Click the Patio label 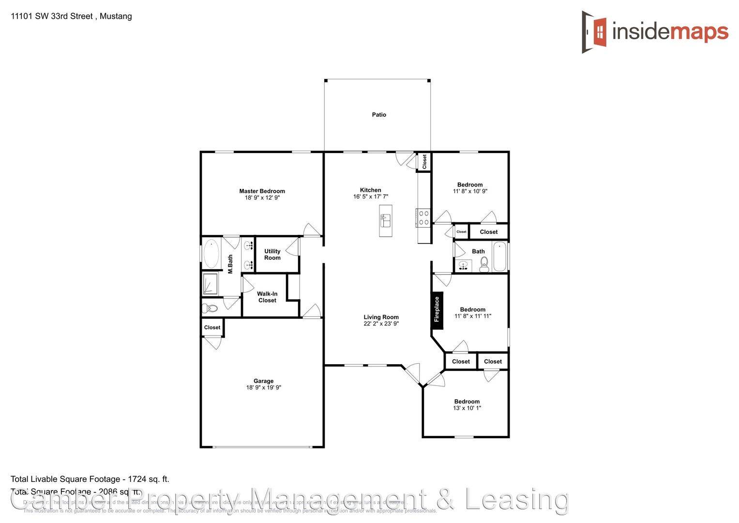[379, 115]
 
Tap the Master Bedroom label [262, 191]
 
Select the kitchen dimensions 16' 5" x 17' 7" [370, 197]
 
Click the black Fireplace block [437, 309]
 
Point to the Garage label [263, 381]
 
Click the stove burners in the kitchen [423, 217]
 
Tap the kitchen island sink [385, 220]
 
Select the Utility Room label [272, 254]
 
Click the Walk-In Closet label [267, 297]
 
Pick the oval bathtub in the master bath [211, 254]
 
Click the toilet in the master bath [210, 308]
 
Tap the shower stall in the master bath [210, 284]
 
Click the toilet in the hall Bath [484, 264]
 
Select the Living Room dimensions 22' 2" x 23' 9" [381, 323]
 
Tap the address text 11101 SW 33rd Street [51, 16]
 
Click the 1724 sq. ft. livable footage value [148, 479]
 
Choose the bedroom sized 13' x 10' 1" [467, 405]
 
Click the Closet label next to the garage [212, 327]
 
